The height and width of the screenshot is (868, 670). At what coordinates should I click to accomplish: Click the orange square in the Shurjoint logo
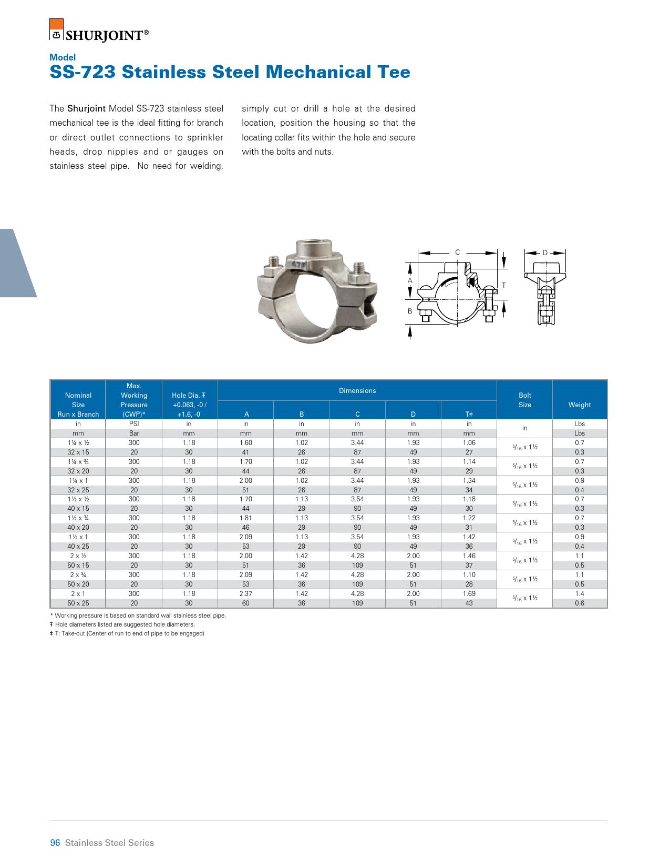(x=56, y=24)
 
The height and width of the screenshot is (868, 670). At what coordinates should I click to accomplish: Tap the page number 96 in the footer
(x=55, y=843)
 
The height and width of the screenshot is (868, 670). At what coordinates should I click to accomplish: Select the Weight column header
(x=579, y=405)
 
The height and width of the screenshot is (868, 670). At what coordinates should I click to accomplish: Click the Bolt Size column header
(x=524, y=400)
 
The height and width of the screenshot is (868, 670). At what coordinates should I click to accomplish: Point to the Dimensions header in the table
(x=357, y=390)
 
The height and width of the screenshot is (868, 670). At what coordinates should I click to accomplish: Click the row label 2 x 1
(x=78, y=594)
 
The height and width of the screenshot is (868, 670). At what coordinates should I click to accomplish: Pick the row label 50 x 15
(x=78, y=566)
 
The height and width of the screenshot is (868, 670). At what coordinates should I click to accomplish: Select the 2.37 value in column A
(x=245, y=594)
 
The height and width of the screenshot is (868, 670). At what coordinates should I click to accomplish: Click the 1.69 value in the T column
(x=469, y=594)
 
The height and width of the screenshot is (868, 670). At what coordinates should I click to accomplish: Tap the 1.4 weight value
(x=579, y=594)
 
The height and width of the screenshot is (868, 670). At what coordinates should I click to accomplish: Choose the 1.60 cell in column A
(x=245, y=443)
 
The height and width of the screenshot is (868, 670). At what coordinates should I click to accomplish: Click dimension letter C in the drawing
(x=457, y=253)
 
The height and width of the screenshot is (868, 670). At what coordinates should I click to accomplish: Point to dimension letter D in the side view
(x=545, y=253)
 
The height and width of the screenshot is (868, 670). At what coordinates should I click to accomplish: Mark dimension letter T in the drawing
(x=503, y=285)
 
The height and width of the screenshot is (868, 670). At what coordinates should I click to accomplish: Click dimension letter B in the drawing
(x=410, y=311)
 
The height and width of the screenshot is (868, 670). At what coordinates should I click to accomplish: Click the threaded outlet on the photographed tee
(x=313, y=247)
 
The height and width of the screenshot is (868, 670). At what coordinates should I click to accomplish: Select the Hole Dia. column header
(x=189, y=405)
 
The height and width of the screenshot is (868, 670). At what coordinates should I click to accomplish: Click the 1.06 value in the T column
(x=469, y=443)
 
